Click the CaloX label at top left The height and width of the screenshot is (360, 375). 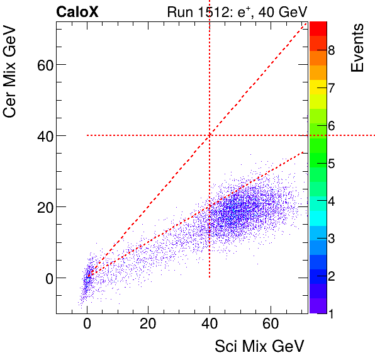[77, 12]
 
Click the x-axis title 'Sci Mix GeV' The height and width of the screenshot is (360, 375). [259, 346]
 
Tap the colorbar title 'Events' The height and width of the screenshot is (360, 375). [357, 48]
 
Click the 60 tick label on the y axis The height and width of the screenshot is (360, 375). [42, 65]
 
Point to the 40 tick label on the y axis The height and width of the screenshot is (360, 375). [42, 136]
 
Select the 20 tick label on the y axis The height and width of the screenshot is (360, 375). [42, 207]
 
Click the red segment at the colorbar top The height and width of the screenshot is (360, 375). [318, 28]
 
